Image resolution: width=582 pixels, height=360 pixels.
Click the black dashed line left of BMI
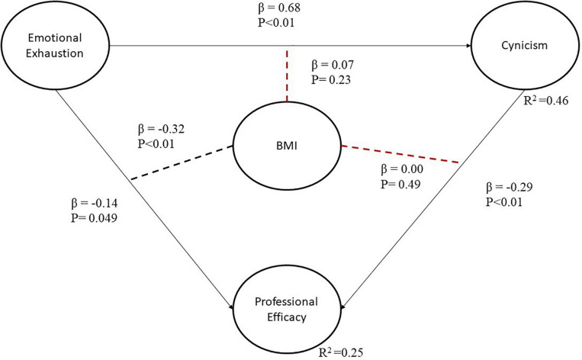click(180, 161)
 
